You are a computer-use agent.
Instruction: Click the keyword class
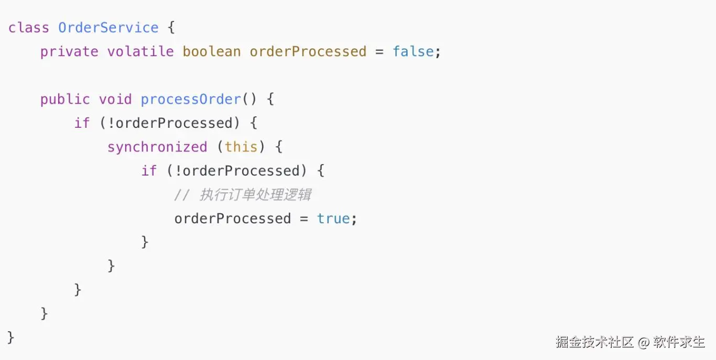coord(28,28)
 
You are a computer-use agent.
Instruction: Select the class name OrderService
coord(108,28)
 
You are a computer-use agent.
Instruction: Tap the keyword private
coord(69,52)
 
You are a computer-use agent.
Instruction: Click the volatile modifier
coord(140,52)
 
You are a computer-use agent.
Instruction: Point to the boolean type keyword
coord(212,52)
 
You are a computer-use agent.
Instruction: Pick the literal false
coord(413,52)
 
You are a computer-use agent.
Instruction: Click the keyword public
coord(65,100)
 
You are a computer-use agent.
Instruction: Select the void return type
coord(115,100)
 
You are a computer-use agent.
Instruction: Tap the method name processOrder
coord(191,100)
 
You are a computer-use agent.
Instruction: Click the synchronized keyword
coord(157,147)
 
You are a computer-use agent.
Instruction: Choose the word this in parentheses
coord(241,147)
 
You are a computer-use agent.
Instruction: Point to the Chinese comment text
coord(255,195)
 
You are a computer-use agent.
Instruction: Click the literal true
coord(333,219)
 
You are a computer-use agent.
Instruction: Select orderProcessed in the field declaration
coord(308,52)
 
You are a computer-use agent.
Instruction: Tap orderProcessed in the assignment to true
coord(233,219)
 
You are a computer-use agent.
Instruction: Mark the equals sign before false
coord(379,52)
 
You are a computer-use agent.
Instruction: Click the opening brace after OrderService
coord(171,28)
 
